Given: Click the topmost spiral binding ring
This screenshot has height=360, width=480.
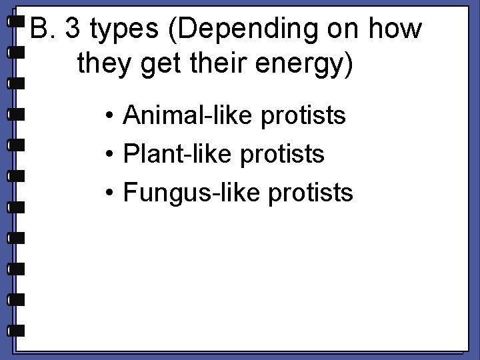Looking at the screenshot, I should pos(15,21).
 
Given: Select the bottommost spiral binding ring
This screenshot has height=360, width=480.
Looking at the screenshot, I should pos(15,329).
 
